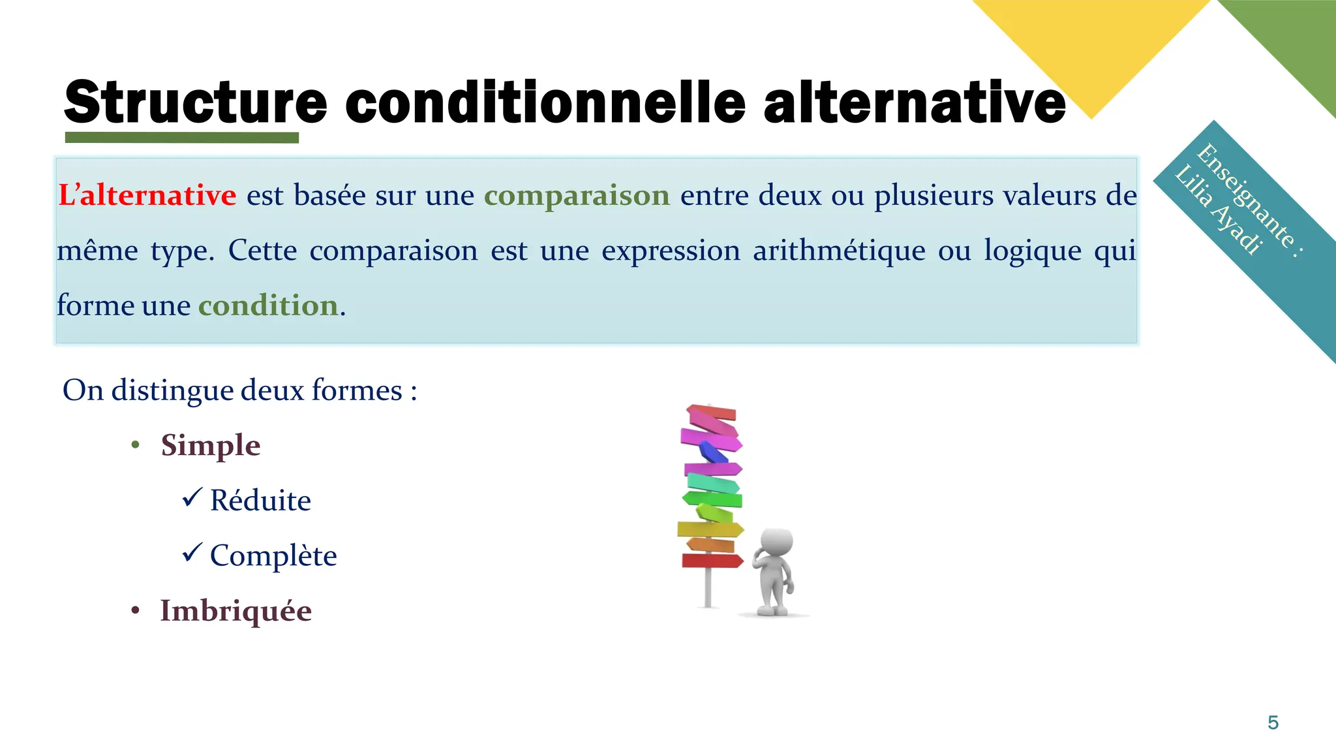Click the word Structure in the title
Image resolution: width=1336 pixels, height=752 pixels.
point(195,102)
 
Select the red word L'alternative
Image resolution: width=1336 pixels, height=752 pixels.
point(147,195)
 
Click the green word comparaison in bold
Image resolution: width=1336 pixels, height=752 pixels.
point(577,195)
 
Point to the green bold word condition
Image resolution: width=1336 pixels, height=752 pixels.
point(268,305)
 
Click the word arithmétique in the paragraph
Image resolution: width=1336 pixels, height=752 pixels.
point(839,251)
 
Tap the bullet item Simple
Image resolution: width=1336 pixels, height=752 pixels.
point(211,446)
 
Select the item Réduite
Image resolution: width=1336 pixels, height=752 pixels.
point(260,501)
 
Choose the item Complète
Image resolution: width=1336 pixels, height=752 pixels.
point(273,556)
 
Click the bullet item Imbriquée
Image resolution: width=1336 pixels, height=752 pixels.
point(235,611)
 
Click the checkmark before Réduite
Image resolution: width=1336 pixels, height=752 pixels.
point(192,498)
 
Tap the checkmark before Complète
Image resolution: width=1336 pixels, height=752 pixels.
point(192,553)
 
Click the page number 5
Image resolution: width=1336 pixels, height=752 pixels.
point(1273,723)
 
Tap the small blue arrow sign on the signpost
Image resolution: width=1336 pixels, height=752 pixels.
point(712,452)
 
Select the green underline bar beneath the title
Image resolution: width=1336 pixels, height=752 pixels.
point(182,138)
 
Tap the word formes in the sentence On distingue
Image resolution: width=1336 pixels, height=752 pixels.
point(357,390)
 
